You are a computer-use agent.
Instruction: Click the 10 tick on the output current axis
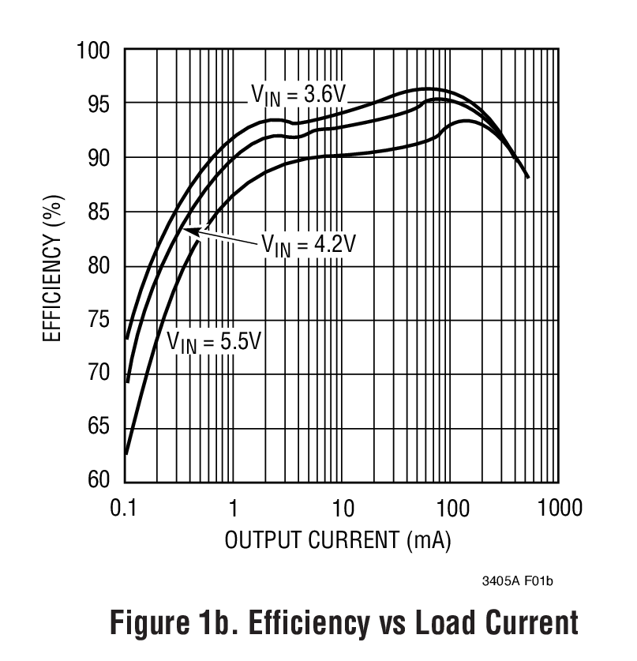point(343,507)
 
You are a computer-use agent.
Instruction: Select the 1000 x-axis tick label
point(559,507)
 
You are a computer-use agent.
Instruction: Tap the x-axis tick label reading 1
point(234,507)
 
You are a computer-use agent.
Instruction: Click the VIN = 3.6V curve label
point(298,94)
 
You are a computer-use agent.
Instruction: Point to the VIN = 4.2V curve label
point(308,244)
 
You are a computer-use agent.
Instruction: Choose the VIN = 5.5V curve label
point(213,342)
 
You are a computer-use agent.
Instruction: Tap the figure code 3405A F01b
point(517,581)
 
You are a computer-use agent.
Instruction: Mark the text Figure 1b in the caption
point(170,624)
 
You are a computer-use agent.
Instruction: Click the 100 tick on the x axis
point(452,507)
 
